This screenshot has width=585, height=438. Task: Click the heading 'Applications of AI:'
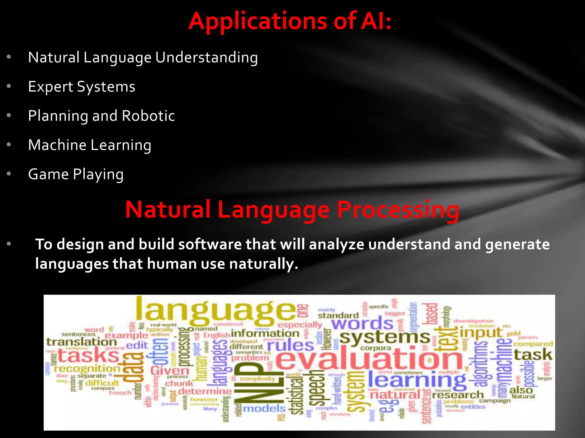coord(290,21)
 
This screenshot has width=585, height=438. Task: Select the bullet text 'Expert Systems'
coord(81,87)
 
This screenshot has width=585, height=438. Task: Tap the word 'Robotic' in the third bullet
coord(148,116)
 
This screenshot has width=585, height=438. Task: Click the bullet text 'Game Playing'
coord(76,174)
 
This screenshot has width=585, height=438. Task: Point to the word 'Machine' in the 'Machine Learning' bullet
coord(57,145)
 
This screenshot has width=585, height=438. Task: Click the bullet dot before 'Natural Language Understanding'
coord(9,57)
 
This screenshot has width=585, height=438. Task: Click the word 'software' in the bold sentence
coord(210,244)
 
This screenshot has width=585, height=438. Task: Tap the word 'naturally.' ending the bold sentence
coord(263,263)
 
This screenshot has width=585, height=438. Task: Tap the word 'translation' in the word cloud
coord(82,342)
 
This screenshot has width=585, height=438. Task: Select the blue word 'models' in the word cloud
coord(264,408)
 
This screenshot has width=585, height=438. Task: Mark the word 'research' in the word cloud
coord(458,395)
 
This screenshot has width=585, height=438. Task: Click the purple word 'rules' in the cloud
coord(290,346)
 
